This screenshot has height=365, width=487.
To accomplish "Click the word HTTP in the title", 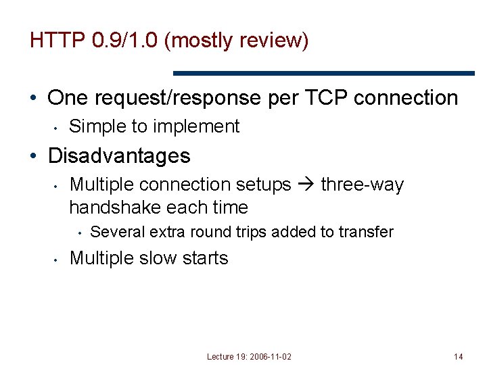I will point(56,41).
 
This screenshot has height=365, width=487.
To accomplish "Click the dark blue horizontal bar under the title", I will point(324,73).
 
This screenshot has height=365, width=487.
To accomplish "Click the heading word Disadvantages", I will point(119,156).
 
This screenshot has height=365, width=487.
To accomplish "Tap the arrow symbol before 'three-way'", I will point(306,185).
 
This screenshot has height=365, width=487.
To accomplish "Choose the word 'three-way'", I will point(362,185).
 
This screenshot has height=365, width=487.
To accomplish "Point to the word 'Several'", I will point(117,232).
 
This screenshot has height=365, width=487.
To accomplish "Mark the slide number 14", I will point(458,356).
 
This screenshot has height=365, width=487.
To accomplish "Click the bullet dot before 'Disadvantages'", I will point(34,157).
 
